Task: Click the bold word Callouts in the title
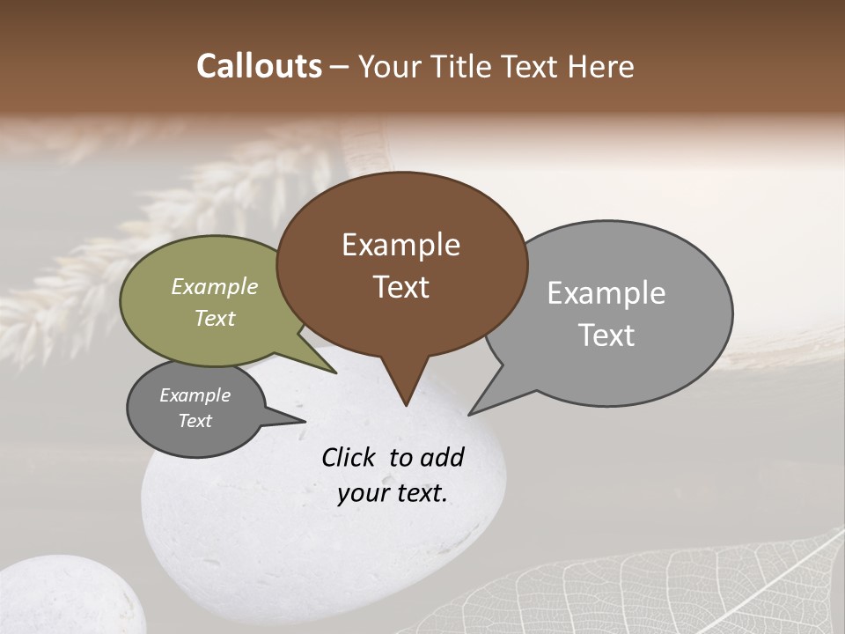point(259,66)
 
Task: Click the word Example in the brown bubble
point(400,245)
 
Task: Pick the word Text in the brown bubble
point(401,287)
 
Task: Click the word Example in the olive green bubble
point(214,286)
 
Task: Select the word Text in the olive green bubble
point(215,318)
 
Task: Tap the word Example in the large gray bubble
point(606,293)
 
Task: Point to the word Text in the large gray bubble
point(606,335)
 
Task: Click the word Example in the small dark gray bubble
point(195,395)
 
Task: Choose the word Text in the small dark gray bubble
point(195,421)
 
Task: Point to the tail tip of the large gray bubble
point(471,413)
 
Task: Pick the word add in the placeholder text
point(442,458)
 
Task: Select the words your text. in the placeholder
point(392,493)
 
